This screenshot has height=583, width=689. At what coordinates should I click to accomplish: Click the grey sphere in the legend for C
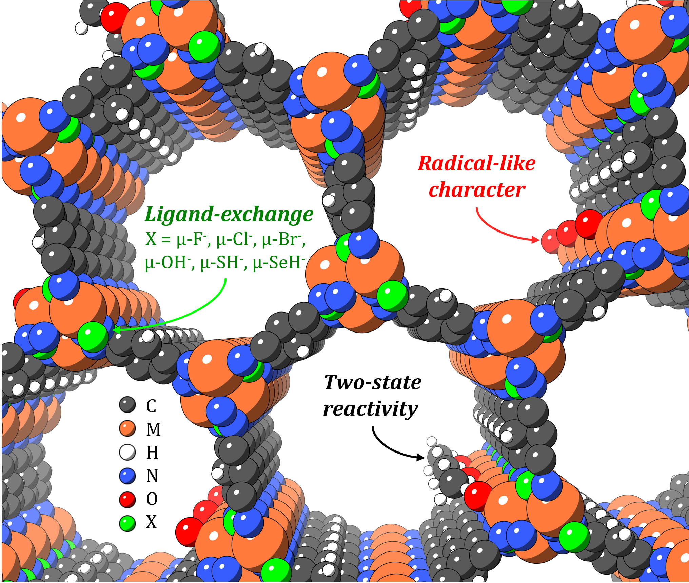127,405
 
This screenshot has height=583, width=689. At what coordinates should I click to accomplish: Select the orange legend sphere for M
127,428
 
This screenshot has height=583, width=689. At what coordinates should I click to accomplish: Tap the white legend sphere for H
127,452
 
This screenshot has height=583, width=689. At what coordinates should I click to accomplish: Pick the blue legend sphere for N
127,476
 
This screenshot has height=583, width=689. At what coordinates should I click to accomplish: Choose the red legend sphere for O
127,499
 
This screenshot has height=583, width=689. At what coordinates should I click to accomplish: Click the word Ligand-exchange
229,215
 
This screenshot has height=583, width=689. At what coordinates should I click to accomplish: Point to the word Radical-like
476,163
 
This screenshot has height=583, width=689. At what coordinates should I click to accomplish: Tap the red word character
477,190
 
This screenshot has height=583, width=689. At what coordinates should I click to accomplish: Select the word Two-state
372,382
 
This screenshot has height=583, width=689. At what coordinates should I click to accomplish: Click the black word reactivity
370,409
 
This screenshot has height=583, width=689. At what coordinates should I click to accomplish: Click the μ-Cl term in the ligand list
235,239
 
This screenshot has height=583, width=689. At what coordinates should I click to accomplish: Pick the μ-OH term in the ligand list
166,262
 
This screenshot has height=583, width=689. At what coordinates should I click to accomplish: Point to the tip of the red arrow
539,240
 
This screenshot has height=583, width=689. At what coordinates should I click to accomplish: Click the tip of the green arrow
113,329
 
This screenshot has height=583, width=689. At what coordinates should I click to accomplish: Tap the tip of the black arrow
424,458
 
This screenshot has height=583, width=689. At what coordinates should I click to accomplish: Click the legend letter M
153,429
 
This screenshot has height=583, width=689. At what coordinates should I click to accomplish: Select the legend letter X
151,522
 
